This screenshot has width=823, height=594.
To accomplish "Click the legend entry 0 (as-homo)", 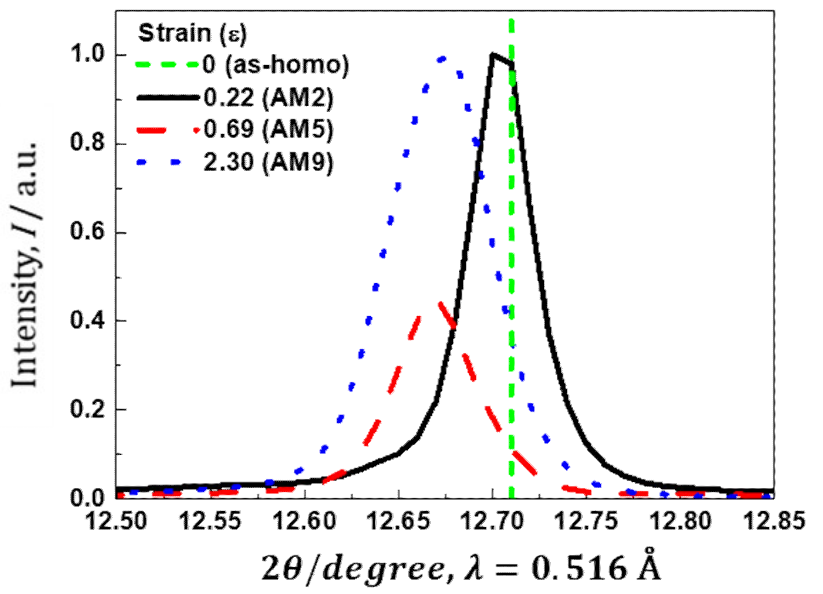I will coord(276,65).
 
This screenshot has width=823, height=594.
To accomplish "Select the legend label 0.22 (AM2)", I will coord(268,98).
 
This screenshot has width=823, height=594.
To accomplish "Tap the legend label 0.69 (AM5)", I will coord(268,130).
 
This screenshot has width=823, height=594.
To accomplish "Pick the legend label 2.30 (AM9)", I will coord(268,162).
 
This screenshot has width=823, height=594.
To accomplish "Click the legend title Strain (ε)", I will coord(192,34).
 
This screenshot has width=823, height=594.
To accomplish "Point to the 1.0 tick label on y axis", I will coord(88,55).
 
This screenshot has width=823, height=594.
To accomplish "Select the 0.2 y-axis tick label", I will coord(88,409).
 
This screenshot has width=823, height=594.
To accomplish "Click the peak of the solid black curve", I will coord(493,55).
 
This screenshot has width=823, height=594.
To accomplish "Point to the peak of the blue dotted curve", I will coord(442,58).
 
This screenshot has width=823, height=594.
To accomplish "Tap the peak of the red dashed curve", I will coord(440,303).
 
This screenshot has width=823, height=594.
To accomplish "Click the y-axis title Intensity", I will coord(25,264).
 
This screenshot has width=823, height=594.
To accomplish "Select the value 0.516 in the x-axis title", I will coord(579,569).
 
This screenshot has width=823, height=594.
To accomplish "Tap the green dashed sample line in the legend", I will coord(168,65).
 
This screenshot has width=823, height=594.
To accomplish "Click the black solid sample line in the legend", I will coord(168,97).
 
